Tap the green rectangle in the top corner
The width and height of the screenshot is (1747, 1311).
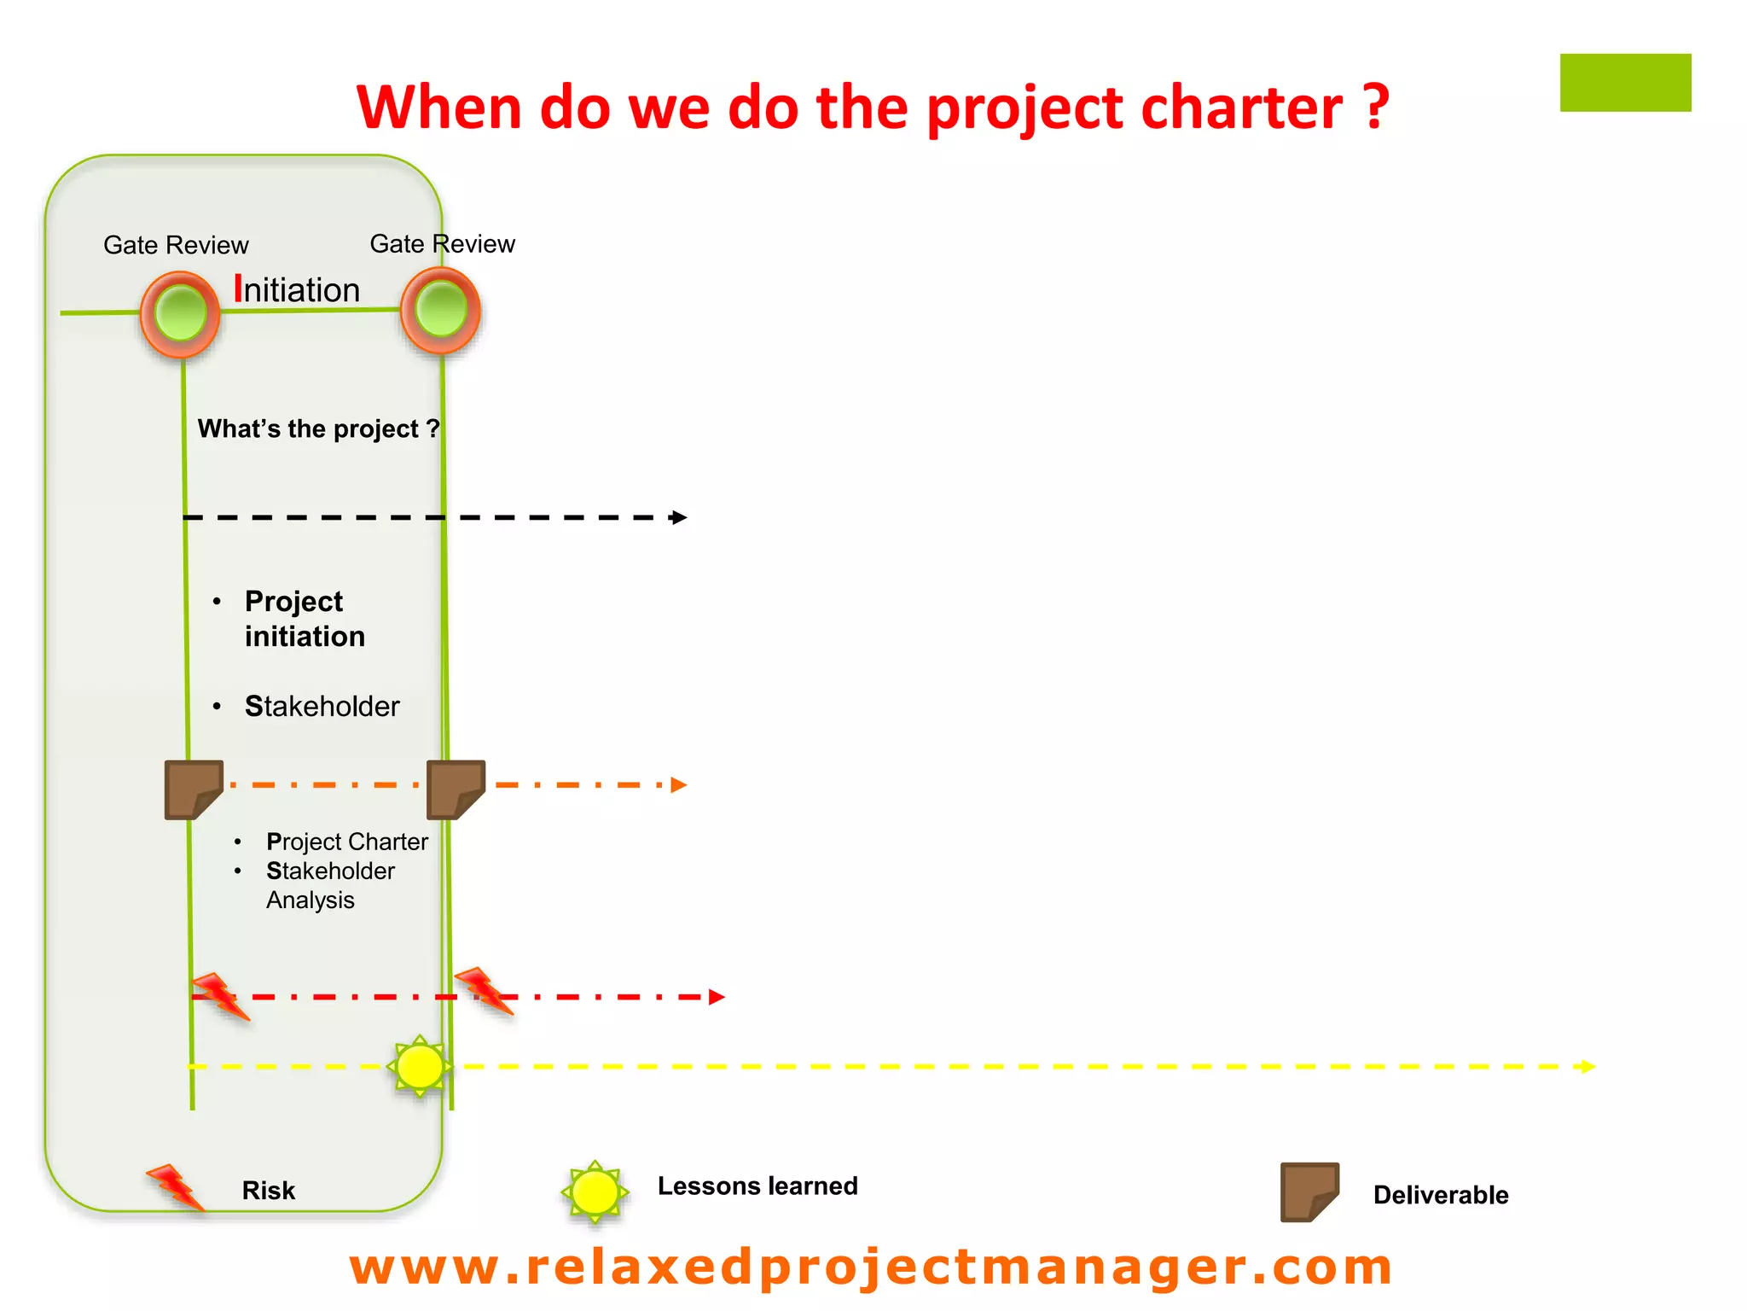coord(1625,83)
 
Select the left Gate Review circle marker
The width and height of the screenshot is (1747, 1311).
coord(180,313)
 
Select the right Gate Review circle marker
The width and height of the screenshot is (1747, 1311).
coord(440,309)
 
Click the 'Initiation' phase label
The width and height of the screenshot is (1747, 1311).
coord(297,290)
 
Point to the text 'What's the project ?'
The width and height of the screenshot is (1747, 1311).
coord(318,428)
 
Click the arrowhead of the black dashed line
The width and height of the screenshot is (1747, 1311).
coord(679,517)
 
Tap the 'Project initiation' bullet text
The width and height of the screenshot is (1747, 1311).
coord(304,619)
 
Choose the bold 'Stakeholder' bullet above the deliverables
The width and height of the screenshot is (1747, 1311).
coord(322,707)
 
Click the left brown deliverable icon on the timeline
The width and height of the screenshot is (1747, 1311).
coord(194,790)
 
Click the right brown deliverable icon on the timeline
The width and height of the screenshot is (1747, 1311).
coord(456,790)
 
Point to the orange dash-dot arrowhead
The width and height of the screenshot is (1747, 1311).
coord(679,785)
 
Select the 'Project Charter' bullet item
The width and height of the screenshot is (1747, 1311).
coord(346,842)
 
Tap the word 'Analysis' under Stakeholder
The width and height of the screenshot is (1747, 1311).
coord(310,900)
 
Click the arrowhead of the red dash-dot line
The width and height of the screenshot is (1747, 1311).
coord(717,997)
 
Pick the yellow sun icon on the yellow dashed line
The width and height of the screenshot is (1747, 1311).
coord(420,1067)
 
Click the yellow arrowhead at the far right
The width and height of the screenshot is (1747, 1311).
coord(1587,1067)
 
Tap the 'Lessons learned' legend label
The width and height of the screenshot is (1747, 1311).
coord(757,1186)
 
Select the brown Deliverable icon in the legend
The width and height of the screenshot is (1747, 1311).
coord(1309,1192)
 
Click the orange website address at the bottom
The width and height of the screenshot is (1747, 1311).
coord(870,1267)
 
